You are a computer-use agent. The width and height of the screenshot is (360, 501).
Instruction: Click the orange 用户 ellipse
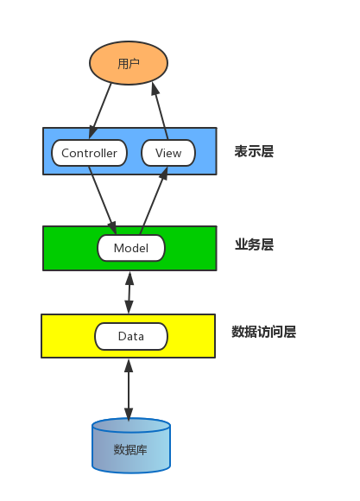(x=129, y=63)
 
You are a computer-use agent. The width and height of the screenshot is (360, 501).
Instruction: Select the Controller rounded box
(x=90, y=153)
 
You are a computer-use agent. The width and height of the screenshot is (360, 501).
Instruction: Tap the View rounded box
(x=168, y=153)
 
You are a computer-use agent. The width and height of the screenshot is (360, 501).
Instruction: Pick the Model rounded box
(x=130, y=248)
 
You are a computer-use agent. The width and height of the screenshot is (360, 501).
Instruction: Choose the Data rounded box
(x=130, y=336)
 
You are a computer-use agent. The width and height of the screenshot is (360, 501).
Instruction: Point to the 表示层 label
(x=254, y=152)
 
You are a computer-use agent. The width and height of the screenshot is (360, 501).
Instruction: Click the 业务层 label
(x=254, y=244)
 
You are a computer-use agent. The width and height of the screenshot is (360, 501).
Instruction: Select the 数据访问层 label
(x=263, y=332)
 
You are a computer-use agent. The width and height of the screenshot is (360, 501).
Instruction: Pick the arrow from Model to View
(x=152, y=202)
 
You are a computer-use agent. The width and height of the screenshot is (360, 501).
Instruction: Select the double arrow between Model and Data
(x=129, y=292)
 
